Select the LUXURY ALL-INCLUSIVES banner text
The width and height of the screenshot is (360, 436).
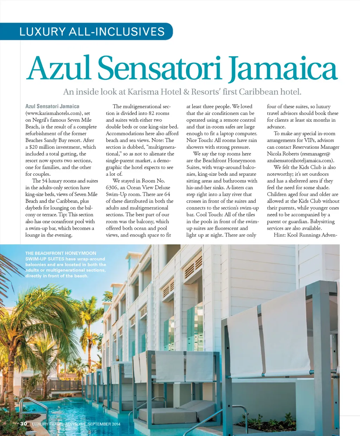pos(92,32)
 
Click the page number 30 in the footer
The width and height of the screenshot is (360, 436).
pos(24,424)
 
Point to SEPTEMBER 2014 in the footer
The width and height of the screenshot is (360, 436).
pos(104,424)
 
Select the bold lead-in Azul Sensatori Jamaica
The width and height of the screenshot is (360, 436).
pos(52,106)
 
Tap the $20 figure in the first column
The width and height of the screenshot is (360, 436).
pos(33,147)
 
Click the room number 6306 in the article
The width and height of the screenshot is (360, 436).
pos(112,188)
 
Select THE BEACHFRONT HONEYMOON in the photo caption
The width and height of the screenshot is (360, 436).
pos(60,253)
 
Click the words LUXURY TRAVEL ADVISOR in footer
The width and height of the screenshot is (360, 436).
pos(57,424)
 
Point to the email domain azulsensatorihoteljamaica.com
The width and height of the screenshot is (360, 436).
pos(300,161)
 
